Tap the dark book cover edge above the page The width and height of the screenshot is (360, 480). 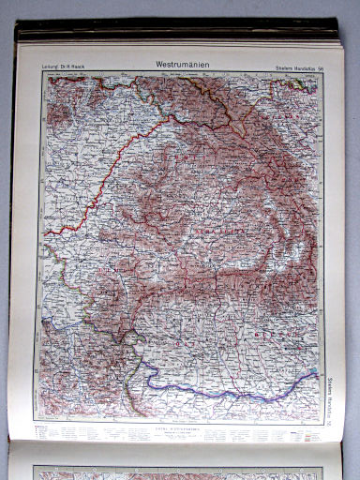point(178,35)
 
